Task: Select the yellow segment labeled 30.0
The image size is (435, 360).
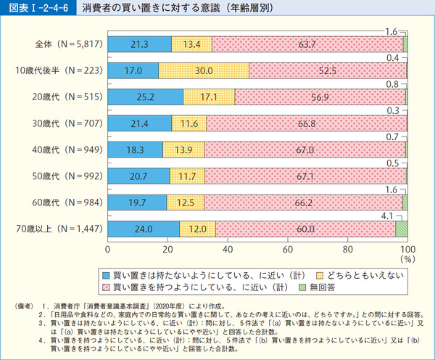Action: tap(204, 70)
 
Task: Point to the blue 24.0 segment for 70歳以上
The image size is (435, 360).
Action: tap(144, 229)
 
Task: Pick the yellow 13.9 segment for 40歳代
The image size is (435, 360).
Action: tap(183, 150)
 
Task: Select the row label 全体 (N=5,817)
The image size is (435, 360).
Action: tap(68, 44)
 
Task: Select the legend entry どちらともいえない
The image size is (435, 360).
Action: tap(353, 275)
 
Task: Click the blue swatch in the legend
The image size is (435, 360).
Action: tap(106, 275)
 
